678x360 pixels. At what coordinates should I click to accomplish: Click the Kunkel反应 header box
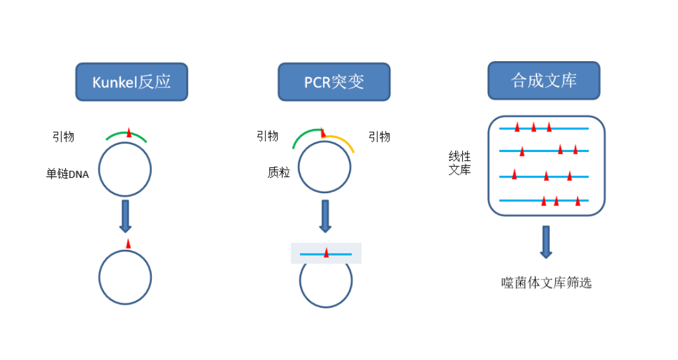coord(131,82)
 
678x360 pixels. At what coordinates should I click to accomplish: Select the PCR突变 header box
coord(334,82)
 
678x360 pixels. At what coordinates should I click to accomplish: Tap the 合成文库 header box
coord(544,81)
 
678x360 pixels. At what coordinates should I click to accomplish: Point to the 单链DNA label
coord(68,174)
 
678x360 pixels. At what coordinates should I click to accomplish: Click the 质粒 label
coord(278,173)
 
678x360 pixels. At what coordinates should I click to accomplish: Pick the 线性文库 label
coord(459,163)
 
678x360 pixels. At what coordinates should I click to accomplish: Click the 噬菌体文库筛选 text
coord(546,283)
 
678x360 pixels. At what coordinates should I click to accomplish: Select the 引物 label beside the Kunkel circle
coord(63,137)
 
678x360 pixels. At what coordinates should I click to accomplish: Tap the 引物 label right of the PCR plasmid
coord(379,137)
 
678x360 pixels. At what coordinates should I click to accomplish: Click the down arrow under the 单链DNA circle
coord(126,216)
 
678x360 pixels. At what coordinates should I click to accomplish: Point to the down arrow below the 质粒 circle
coord(325,216)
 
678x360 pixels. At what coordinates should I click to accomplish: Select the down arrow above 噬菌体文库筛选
coord(546,242)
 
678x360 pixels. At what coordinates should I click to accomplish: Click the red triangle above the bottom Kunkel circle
coord(128,244)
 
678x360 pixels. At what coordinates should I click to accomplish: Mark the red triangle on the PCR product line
coord(326,252)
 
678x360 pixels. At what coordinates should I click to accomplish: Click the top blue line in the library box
coord(544,129)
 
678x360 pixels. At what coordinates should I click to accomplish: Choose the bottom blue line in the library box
coord(544,200)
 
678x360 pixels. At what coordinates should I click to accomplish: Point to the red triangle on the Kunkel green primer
coord(129,133)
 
